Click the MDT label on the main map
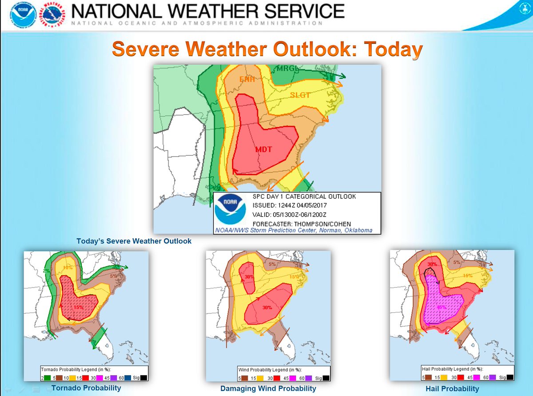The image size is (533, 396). coord(263,149)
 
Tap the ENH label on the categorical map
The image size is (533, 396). coord(247,79)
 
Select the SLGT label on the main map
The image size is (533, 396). coord(300,95)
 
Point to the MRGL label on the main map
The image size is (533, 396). coord(287,68)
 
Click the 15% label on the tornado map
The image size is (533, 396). coord(79,307)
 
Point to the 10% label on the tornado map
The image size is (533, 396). coord(67,268)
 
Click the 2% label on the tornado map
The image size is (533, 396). coord(46,271)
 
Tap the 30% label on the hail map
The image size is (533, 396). coord(432,264)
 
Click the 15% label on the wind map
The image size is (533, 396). coord(294,276)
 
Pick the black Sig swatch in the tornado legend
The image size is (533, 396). coord(143,377)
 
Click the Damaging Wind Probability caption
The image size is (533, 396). coord(268,388)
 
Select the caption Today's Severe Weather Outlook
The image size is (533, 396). coord(134,241)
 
